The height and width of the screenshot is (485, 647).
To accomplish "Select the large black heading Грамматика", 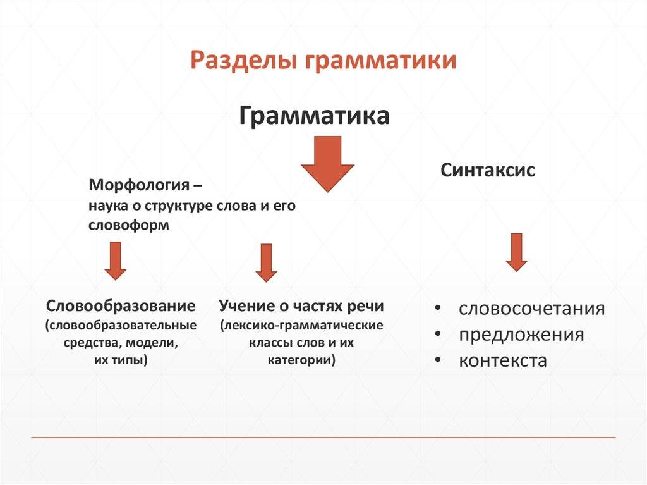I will click(314, 117).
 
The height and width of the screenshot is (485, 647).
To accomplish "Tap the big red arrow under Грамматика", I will click(327, 164).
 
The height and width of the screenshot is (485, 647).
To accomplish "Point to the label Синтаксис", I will click(488, 170).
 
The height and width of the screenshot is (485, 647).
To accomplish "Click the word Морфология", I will click(140, 186).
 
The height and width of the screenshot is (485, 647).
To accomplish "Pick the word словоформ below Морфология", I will click(129, 225).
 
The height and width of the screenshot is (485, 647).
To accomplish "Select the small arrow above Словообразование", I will click(115, 260).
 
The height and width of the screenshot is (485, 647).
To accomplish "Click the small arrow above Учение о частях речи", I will click(266, 262).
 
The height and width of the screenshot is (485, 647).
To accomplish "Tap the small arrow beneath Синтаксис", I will click(516, 252).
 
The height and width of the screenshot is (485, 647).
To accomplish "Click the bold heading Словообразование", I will click(121, 306).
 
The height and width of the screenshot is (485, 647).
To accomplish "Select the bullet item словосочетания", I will click(531, 309).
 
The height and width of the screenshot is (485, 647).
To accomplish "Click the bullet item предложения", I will click(521, 335).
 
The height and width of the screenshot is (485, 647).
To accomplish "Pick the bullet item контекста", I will click(502, 360).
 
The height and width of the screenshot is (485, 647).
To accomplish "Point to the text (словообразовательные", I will click(121, 326).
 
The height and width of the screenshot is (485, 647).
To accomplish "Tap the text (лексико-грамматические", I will click(301, 326).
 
